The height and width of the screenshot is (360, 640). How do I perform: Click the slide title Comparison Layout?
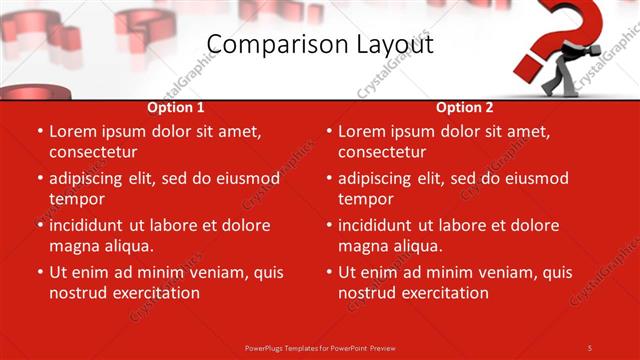point(320,44)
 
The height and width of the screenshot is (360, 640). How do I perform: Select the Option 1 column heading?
point(176,107)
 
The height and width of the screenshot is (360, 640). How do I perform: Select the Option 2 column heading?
point(465,107)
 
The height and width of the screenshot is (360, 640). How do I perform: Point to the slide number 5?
point(590,348)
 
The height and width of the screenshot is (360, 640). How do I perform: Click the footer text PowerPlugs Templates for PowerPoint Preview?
point(320,348)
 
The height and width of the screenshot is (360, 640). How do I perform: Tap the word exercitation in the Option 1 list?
point(155,293)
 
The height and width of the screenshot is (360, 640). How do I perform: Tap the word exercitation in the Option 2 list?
point(444,293)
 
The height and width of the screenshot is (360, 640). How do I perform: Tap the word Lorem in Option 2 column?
point(361,131)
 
